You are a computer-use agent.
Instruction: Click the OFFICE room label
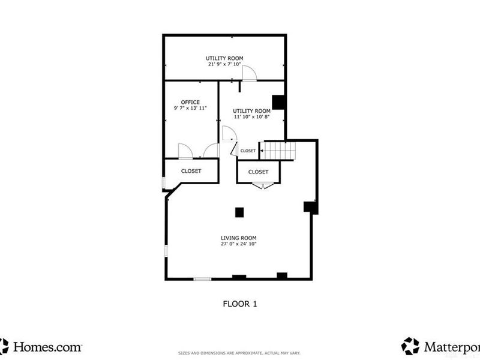pyautogui.click(x=191, y=102)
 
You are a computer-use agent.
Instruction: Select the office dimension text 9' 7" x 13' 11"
pyautogui.click(x=191, y=109)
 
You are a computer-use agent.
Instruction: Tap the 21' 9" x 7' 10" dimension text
pyautogui.click(x=224, y=64)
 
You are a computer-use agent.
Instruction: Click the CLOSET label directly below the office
pyautogui.click(x=191, y=171)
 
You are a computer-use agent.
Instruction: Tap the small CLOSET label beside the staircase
pyautogui.click(x=248, y=151)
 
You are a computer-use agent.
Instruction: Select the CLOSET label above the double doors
pyautogui.click(x=258, y=172)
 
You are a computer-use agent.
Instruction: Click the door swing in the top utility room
pyautogui.click(x=249, y=73)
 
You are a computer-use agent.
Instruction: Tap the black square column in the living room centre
pyautogui.click(x=239, y=212)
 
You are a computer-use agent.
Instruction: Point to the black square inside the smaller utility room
pyautogui.click(x=278, y=102)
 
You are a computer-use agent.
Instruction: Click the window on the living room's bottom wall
pyautogui.click(x=202, y=278)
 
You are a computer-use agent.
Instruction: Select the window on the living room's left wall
pyautogui.click(x=166, y=251)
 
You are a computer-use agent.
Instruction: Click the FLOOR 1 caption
pyautogui.click(x=239, y=304)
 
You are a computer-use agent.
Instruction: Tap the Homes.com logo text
pyautogui.click(x=47, y=346)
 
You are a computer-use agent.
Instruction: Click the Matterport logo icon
pyautogui.click(x=410, y=346)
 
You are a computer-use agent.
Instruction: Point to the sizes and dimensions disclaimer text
pyautogui.click(x=239, y=353)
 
